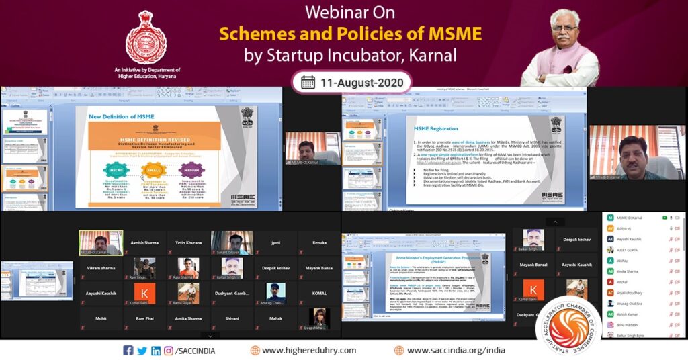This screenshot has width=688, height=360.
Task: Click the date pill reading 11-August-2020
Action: tap(351, 82)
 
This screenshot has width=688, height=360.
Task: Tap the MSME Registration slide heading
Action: tap(436, 128)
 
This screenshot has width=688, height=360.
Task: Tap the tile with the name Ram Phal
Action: tap(144, 319)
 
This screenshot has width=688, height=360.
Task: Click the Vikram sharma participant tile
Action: tap(101, 268)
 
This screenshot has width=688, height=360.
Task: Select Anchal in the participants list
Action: tap(625, 282)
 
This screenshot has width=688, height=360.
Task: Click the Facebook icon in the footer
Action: tap(128, 350)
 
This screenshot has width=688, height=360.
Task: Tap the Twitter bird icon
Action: tap(142, 350)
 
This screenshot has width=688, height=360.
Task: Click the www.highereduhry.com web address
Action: tap(309, 350)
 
